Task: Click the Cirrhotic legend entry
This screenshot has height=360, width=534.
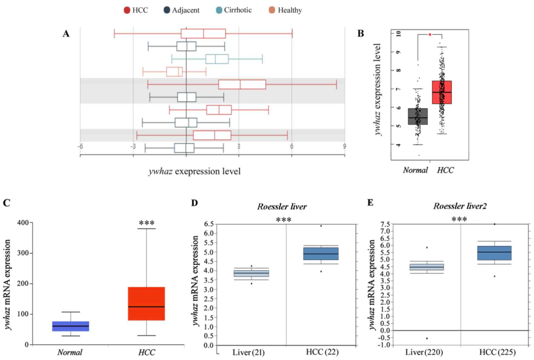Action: (233, 10)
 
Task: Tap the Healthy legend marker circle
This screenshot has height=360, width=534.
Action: (272, 10)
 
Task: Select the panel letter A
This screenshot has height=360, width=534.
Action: (66, 34)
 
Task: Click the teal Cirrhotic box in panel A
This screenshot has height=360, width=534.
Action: (217, 59)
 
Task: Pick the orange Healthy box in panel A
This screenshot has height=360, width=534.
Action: (174, 72)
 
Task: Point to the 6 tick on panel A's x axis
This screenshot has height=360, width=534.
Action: (292, 146)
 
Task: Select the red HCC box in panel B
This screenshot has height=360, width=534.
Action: (442, 92)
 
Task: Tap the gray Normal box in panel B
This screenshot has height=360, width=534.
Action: (418, 116)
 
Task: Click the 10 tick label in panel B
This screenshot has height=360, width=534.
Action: (399, 34)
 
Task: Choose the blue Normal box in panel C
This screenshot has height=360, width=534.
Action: (70, 326)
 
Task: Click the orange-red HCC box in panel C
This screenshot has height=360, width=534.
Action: (146, 304)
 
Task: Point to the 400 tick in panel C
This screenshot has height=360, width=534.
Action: (23, 223)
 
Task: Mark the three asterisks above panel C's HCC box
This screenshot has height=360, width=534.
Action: (147, 223)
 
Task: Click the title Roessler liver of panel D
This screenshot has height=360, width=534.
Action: (282, 207)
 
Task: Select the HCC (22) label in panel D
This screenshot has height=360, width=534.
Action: (322, 352)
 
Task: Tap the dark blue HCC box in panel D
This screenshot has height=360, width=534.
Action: (321, 254)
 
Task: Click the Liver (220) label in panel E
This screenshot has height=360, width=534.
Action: (424, 352)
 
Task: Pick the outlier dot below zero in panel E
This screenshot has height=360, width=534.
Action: (427, 338)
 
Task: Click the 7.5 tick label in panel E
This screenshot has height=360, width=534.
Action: (385, 224)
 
